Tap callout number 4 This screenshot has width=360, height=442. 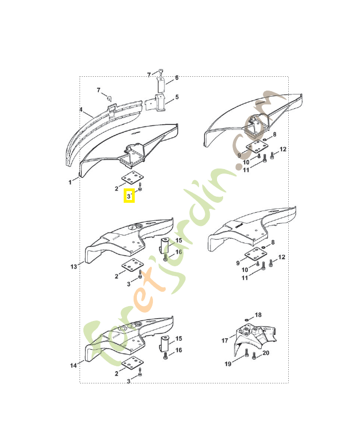81,110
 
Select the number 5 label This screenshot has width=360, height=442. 177,97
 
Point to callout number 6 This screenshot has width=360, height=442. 177,78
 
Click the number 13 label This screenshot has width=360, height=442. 73,267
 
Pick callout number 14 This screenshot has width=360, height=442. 73,365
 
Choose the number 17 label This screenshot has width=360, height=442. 225,340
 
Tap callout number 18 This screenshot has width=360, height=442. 258,315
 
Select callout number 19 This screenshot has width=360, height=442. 227,364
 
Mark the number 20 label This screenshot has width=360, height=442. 266,353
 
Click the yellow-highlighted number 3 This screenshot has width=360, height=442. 129,196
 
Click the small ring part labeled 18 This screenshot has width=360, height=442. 245,320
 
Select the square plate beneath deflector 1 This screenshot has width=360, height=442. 131,180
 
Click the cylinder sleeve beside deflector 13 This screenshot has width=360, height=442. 165,245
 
